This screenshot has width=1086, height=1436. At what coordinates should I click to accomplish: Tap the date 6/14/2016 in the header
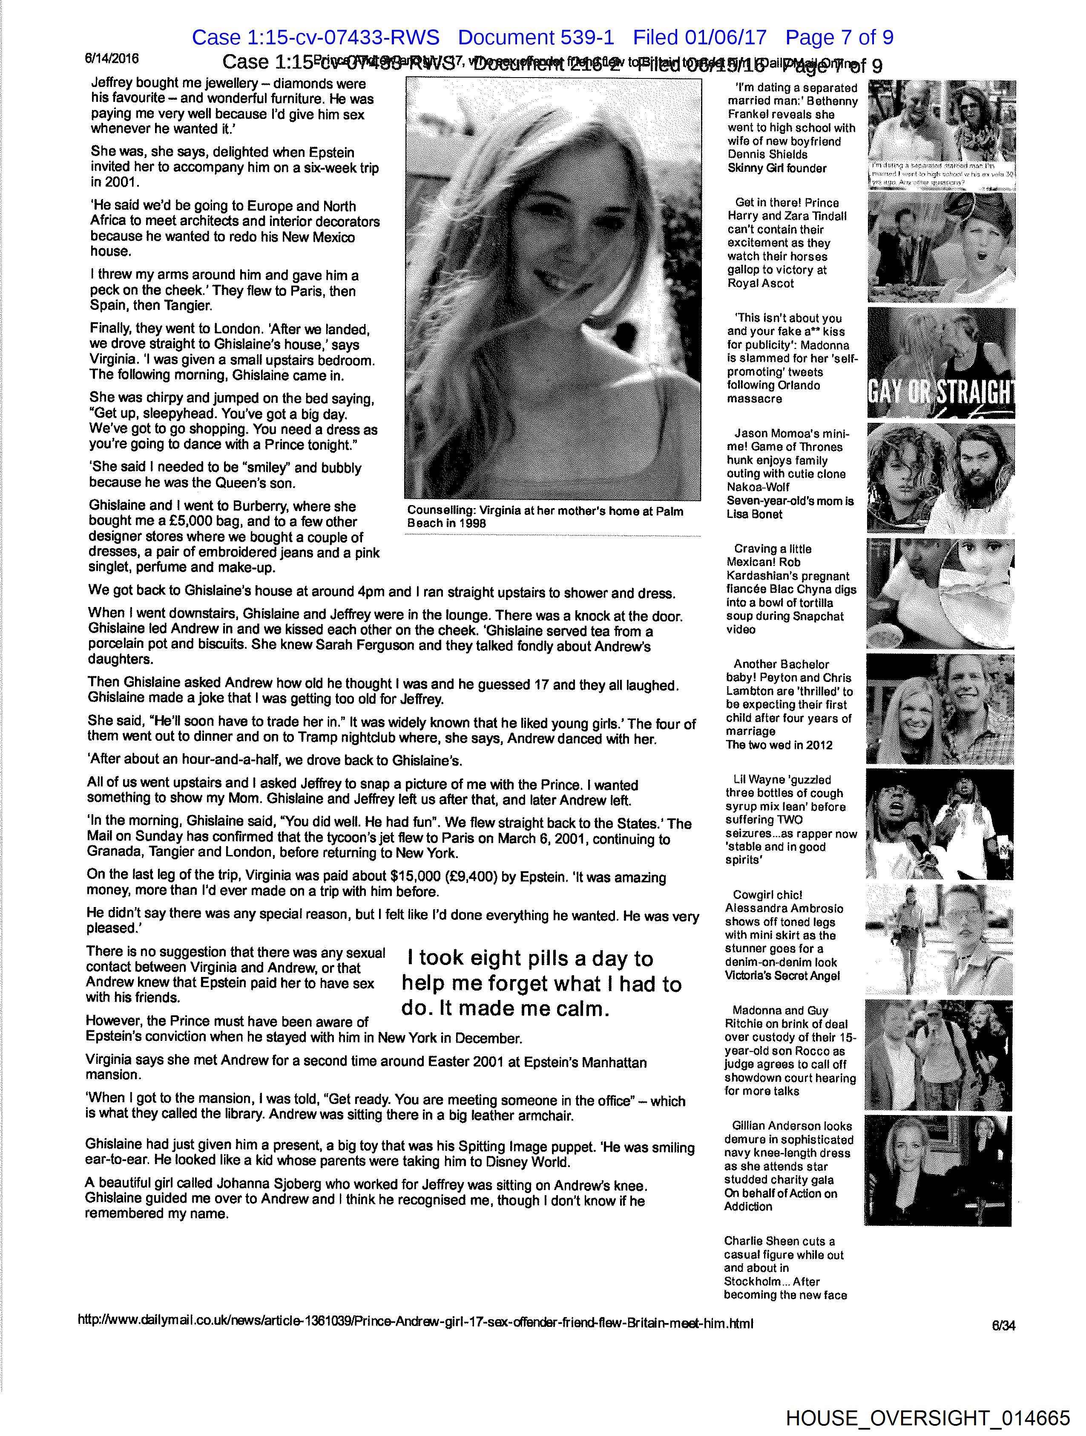click(x=112, y=58)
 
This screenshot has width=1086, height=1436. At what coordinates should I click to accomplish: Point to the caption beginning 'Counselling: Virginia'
click(x=545, y=517)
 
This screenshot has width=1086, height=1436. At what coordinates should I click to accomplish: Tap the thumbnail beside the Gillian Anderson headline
click(x=939, y=1170)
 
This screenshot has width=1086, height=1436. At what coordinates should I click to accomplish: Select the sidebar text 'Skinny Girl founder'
click(x=776, y=168)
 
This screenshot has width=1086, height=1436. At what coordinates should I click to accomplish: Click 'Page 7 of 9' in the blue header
click(x=839, y=38)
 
